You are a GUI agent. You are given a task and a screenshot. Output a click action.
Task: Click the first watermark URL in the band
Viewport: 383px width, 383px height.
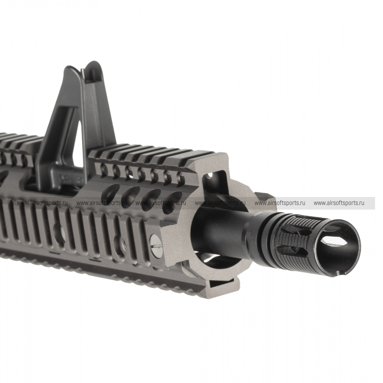[x=42, y=203]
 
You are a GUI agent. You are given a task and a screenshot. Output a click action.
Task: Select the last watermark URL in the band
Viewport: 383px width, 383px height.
[x=339, y=203]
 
